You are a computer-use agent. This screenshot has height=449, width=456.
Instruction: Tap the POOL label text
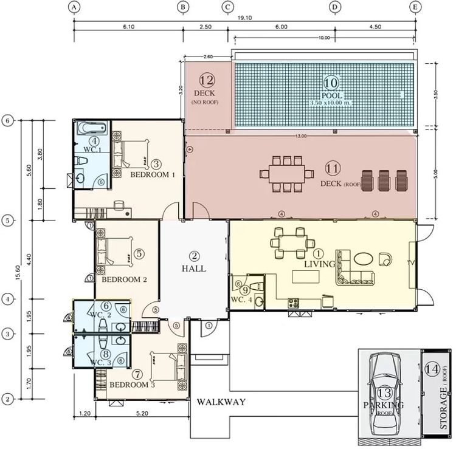coord(331,96)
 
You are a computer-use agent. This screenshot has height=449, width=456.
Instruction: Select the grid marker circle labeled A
coord(74,7)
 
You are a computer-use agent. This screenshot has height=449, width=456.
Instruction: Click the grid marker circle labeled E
coord(416,7)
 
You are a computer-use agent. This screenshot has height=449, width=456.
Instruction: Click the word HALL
coord(194,268)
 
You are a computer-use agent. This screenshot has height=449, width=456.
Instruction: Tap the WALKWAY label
coord(221,402)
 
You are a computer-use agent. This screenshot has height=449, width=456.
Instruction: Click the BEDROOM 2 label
coord(125,280)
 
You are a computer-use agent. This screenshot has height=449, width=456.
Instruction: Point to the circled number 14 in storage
coord(432,368)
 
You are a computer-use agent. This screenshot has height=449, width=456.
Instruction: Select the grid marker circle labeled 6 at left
coord(7,120)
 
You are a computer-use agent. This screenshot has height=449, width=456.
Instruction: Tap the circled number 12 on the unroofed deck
coord(207,79)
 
